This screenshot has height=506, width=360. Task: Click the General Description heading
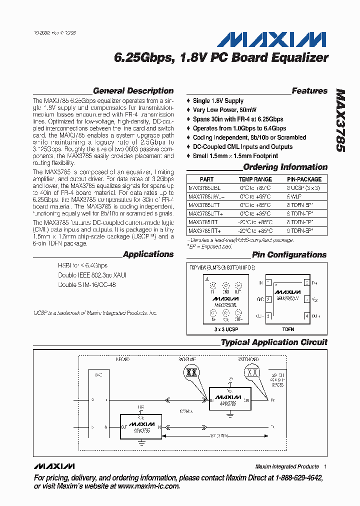[x=133, y=91]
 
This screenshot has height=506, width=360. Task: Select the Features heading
[x=309, y=91]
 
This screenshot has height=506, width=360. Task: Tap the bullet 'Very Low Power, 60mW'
[x=224, y=110]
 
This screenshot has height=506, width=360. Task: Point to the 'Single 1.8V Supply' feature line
[x=218, y=100]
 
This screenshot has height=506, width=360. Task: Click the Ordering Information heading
[x=285, y=167]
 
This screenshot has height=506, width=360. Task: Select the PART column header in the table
[x=206, y=179]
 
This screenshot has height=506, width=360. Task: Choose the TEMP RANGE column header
[x=255, y=179]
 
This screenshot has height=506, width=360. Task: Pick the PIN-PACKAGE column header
[x=304, y=179]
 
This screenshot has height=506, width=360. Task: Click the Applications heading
[x=148, y=254]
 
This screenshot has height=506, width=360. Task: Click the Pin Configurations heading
[x=289, y=254]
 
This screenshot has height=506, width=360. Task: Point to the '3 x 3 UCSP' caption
[x=225, y=329]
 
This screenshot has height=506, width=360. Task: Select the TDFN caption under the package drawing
[x=289, y=329]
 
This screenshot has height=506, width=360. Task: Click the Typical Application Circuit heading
[x=274, y=342]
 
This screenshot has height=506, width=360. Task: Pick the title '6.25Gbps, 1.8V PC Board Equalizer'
[x=221, y=58]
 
